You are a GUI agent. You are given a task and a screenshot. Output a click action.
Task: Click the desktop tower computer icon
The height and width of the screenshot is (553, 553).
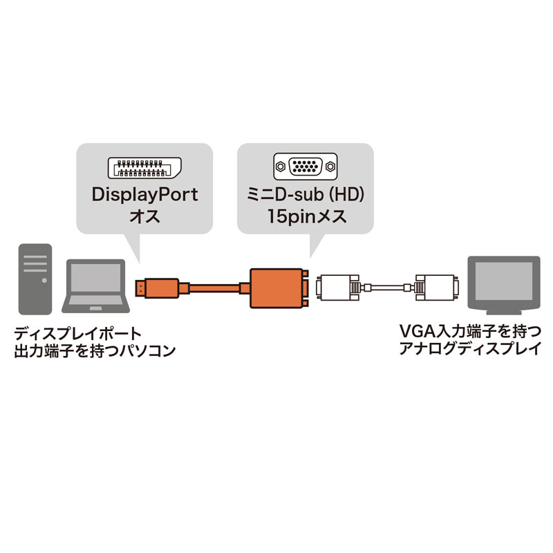point(32,277)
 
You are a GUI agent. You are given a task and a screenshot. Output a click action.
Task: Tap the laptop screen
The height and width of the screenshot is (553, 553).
point(95,280)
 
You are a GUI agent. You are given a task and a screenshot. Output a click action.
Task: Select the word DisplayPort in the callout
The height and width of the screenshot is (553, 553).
point(145,194)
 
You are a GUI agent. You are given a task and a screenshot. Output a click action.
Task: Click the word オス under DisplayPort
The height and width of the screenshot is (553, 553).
point(145,216)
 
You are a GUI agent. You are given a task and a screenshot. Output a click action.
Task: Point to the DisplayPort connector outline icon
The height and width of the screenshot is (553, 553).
point(145,167)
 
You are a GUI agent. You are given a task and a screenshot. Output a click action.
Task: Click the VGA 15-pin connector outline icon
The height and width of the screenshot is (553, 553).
point(306,167)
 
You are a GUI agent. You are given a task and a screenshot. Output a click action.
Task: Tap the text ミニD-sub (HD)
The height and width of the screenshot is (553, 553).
point(306,194)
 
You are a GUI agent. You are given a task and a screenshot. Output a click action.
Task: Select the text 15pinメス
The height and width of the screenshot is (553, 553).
point(306,216)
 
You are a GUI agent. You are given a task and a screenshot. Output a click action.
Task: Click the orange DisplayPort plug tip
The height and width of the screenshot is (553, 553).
point(140,285)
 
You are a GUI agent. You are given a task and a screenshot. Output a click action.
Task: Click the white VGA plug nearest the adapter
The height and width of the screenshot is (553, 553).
point(338,286)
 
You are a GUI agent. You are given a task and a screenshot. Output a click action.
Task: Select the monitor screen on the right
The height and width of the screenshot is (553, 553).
point(503,281)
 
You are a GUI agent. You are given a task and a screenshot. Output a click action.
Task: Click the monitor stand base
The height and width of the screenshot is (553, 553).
point(503,308)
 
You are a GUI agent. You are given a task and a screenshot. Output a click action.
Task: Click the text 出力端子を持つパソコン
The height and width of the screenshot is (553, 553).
point(94,350)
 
